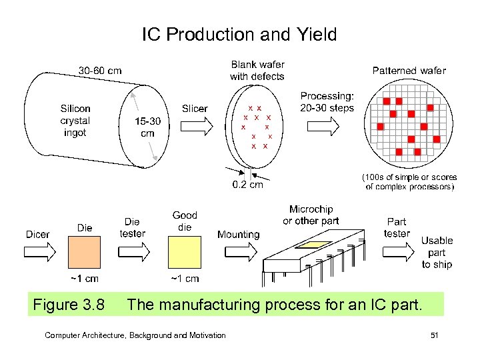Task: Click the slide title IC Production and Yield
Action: tap(239, 34)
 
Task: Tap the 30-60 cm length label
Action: tap(100, 70)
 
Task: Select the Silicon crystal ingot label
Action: tap(75, 120)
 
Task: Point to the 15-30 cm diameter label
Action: tap(148, 127)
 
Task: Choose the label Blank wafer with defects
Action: tap(257, 70)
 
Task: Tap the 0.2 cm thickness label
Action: tap(247, 185)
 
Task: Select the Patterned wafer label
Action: tap(409, 70)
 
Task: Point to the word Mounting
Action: tap(238, 235)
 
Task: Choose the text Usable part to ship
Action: tap(437, 252)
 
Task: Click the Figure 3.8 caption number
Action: tap(69, 305)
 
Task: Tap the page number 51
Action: tap(434, 335)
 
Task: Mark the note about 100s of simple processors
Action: tap(410, 182)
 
